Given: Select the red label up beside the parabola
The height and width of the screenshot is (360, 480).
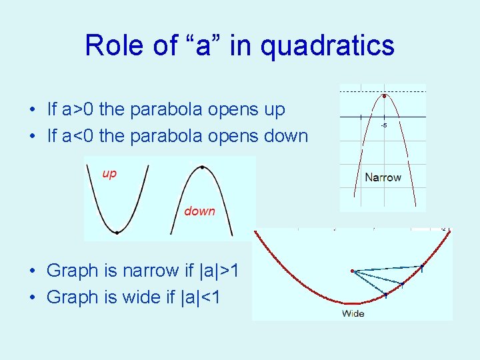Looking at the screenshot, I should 109,173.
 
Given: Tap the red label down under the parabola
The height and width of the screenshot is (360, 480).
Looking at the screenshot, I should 199,211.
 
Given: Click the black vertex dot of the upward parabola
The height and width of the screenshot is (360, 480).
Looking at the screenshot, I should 117,233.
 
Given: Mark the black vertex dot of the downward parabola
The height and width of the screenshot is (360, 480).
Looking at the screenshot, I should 202,167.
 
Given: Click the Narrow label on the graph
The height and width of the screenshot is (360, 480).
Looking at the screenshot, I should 383,177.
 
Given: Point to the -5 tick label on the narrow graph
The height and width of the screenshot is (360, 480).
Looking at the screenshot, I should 384,125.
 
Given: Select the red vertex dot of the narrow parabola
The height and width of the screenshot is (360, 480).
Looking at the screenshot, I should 384,97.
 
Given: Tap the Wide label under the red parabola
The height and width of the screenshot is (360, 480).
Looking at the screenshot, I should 353,313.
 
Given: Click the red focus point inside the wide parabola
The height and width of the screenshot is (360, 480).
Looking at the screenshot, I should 353,271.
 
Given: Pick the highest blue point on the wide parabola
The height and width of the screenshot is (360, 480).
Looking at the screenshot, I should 421,269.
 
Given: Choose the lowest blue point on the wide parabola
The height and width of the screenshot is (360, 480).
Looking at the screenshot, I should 385,295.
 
